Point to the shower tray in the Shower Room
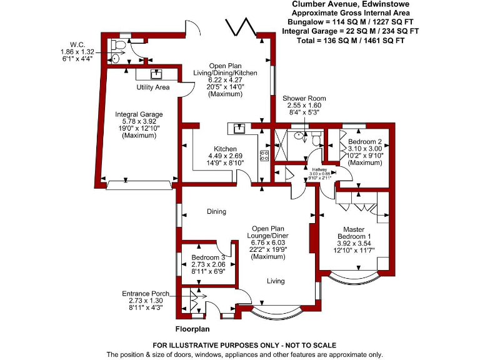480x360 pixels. [x=282, y=146]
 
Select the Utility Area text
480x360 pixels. [x=153, y=87]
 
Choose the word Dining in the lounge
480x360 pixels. [x=216, y=212]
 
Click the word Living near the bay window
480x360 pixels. [x=276, y=281]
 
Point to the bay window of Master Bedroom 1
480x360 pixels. [x=353, y=276]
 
